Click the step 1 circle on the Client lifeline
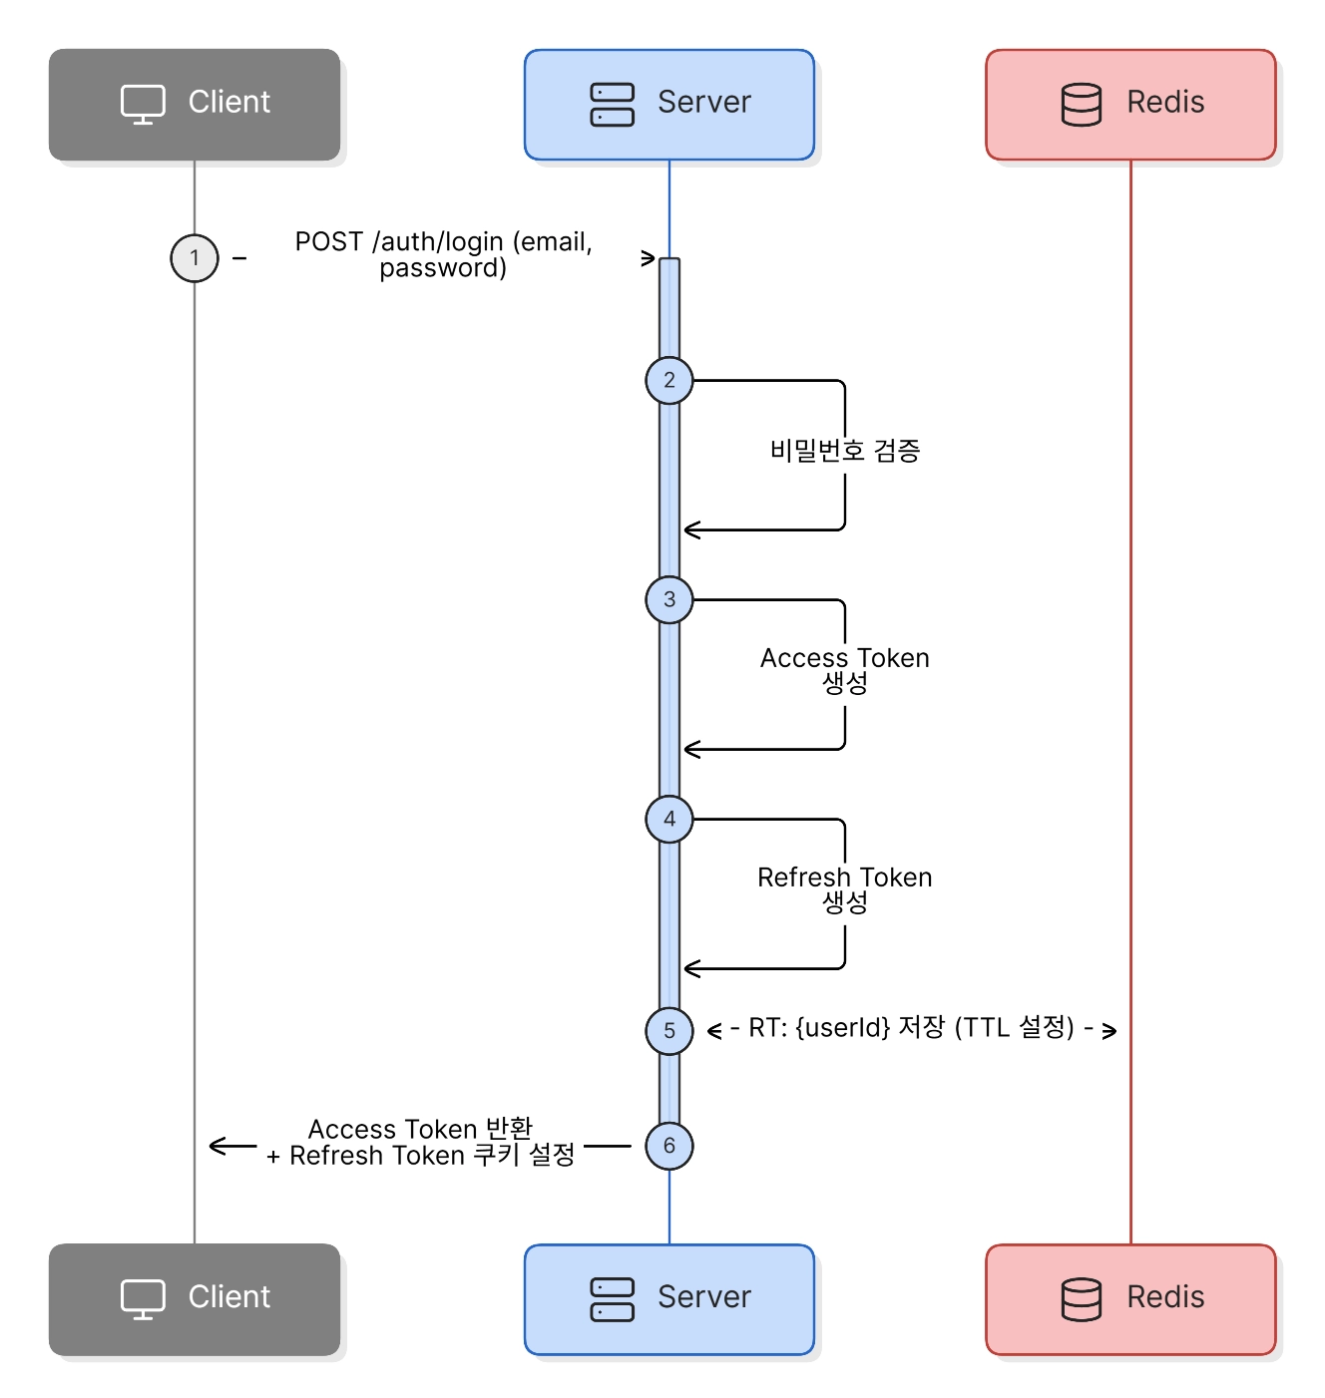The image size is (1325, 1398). pos(194,257)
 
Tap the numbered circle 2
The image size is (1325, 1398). pos(668,380)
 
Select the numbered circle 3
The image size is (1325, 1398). pos(668,598)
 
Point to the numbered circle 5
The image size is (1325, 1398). pos(668,1029)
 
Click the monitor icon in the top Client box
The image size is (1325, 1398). pos(143,104)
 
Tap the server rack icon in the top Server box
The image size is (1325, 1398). pos(612,104)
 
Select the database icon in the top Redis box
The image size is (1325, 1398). pos(1081,104)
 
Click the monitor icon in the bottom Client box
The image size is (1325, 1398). pos(143,1297)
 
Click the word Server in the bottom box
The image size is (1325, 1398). pos(703,1295)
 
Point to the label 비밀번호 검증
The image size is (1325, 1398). pos(844,450)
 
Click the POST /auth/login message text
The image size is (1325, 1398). pos(443,254)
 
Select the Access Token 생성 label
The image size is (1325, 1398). pos(844,669)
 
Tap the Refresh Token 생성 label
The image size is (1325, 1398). pos(844,888)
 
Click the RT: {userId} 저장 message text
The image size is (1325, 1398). pos(910,1026)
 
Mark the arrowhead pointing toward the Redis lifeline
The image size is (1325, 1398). pos(1107,1030)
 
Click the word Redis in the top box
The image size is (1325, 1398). pos(1164,102)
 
